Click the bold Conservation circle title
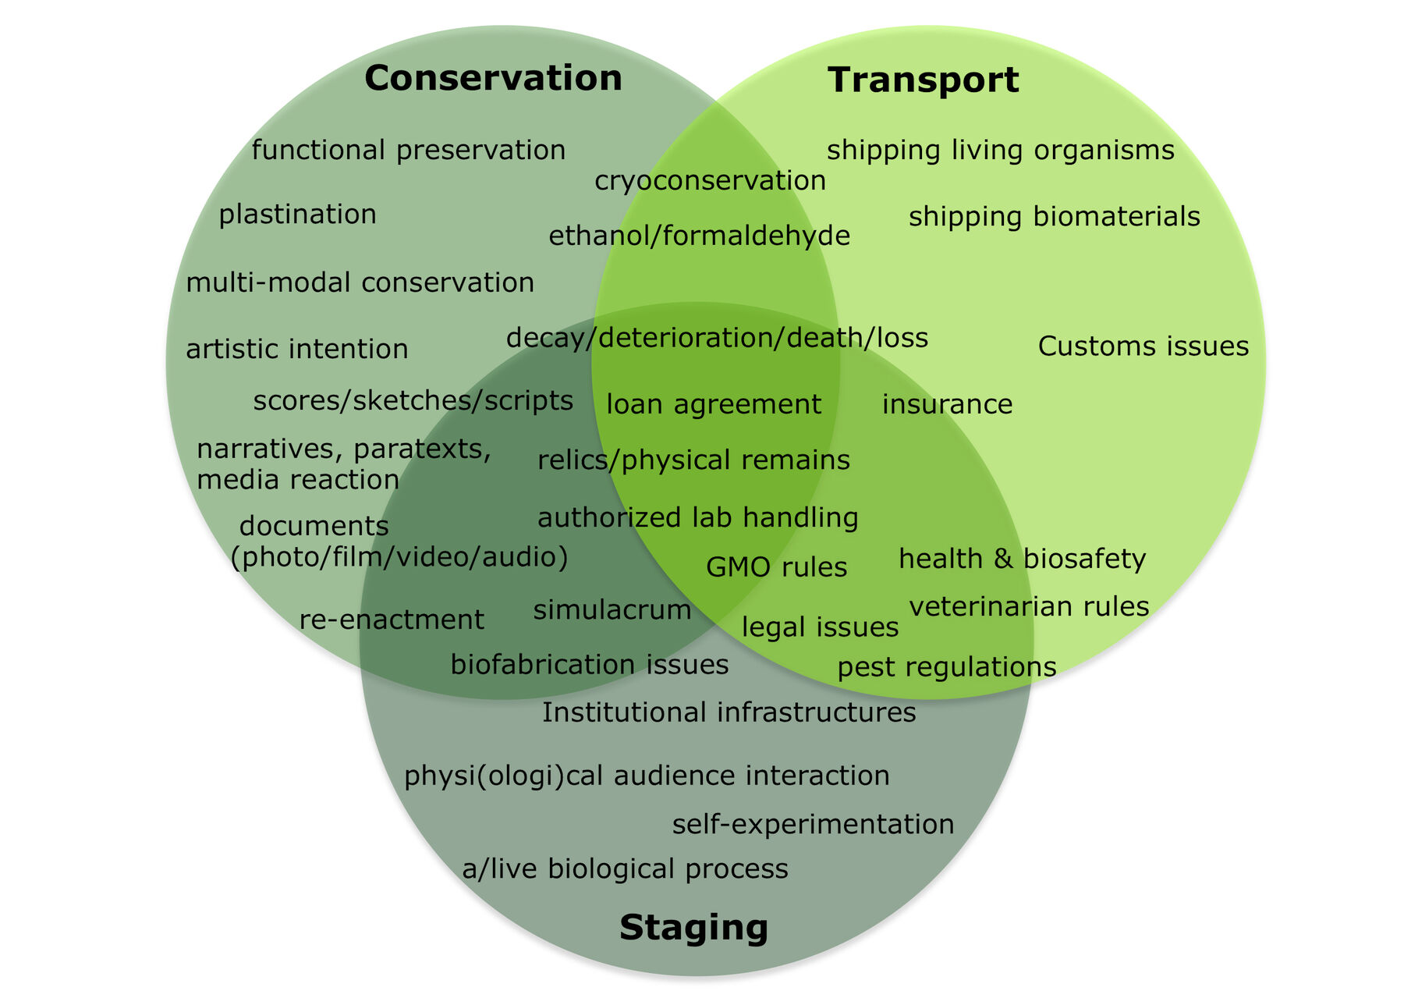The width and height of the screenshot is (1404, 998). [493, 78]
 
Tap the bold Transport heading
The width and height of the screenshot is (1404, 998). [923, 80]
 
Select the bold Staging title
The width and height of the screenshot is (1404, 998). [693, 927]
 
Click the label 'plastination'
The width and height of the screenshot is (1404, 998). [297, 214]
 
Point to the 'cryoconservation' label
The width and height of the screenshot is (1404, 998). [710, 180]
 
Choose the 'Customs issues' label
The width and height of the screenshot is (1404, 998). [1143, 346]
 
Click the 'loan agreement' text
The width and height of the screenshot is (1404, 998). [714, 404]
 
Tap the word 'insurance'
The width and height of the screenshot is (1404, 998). [947, 404]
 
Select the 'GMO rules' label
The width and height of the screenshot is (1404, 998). [776, 566]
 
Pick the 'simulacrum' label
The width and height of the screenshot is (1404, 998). [612, 609]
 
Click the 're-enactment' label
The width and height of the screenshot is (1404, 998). [392, 620]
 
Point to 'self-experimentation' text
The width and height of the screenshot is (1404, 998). [813, 824]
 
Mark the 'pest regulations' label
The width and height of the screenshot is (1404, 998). [947, 667]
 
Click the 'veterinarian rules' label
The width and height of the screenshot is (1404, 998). [1029, 606]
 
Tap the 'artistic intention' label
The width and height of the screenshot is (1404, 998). [296, 349]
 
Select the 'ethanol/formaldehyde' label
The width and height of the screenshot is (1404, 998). [699, 236]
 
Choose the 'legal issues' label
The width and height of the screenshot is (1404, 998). [820, 627]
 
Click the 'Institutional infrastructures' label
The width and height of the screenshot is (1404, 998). [729, 712]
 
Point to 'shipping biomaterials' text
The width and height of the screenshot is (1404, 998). [1054, 217]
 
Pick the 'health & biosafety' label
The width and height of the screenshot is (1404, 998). [1022, 559]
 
